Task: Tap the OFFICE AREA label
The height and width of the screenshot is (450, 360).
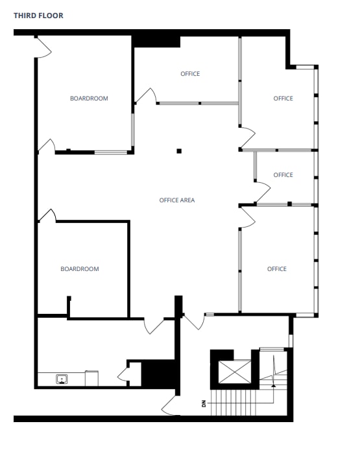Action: [177, 200]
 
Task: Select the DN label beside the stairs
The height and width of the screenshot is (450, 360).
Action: [204, 404]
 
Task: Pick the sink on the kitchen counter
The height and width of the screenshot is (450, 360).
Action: [62, 379]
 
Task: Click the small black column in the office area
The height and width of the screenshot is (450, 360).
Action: [179, 152]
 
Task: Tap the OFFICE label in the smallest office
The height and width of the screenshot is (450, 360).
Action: [283, 175]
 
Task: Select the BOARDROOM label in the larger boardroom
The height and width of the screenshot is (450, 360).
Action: [89, 99]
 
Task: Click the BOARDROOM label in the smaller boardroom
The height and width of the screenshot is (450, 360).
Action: [80, 269]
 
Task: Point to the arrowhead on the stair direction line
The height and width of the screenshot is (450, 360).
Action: [273, 385]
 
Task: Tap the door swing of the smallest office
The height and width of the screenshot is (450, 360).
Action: [261, 192]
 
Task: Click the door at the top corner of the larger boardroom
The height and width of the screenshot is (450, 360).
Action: [44, 47]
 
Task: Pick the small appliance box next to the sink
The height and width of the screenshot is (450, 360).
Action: [92, 378]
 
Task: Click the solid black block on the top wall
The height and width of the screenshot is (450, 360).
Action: [156, 40]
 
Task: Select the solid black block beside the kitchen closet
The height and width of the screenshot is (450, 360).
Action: [159, 373]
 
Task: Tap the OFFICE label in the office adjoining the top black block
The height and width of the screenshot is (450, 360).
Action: [190, 74]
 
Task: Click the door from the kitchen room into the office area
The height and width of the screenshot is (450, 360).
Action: [154, 325]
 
